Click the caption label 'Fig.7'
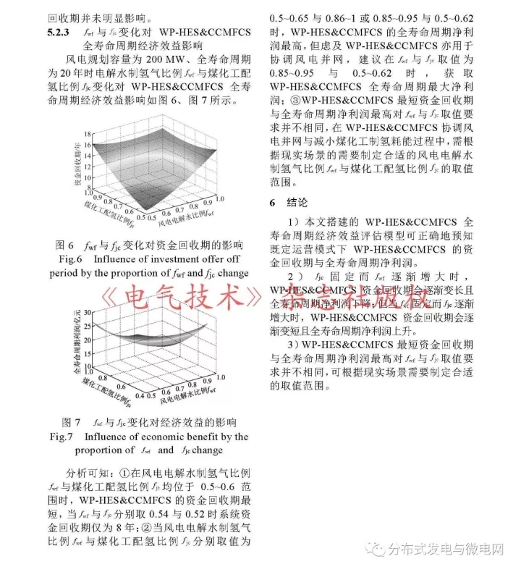click(x=62, y=437)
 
